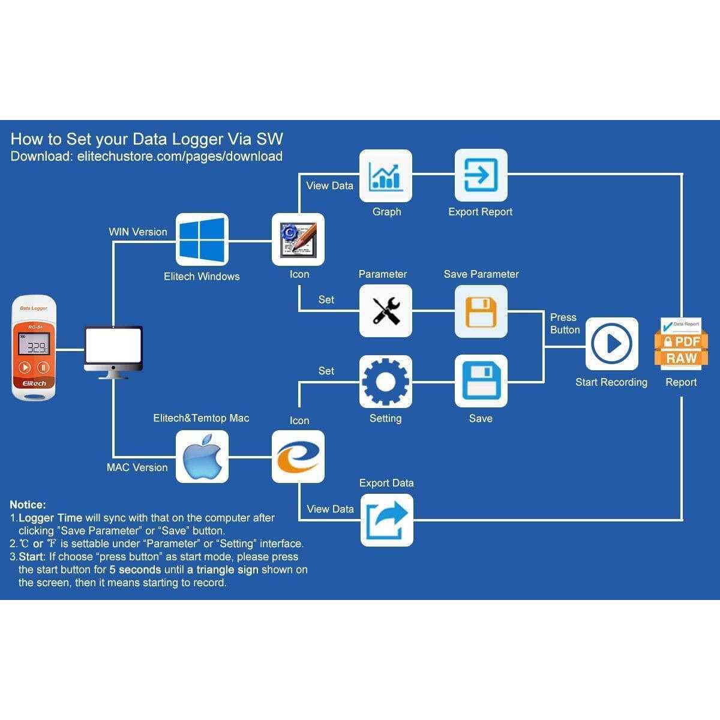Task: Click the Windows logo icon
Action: click(x=202, y=239)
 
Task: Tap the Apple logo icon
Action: click(x=202, y=457)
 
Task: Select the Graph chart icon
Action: click(x=386, y=175)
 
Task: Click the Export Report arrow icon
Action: click(x=481, y=175)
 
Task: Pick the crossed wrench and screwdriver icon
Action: click(x=386, y=311)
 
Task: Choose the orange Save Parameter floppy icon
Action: click(x=481, y=311)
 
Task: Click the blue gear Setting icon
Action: click(x=386, y=381)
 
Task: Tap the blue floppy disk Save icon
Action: click(x=481, y=381)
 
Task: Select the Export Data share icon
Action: click(x=386, y=520)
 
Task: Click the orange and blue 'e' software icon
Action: click(x=298, y=457)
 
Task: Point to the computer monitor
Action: click(x=113, y=349)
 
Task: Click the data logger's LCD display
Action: click(x=34, y=346)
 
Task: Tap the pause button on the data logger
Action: click(x=44, y=367)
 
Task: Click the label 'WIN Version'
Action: click(x=138, y=232)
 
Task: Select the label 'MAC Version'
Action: click(x=137, y=467)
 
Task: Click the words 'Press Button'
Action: click(x=565, y=323)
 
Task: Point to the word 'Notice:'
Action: click(x=28, y=505)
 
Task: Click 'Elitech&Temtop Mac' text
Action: click(x=201, y=418)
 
